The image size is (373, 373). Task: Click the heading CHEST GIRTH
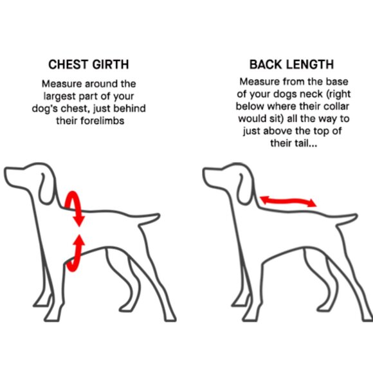[89, 64]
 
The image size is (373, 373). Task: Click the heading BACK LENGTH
[291, 64]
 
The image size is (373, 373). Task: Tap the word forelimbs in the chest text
[102, 121]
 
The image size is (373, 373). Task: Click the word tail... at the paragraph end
[305, 143]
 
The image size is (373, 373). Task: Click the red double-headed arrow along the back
[288, 201]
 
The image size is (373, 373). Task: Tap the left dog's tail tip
[159, 215]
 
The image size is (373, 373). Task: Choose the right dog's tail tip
[356, 215]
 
